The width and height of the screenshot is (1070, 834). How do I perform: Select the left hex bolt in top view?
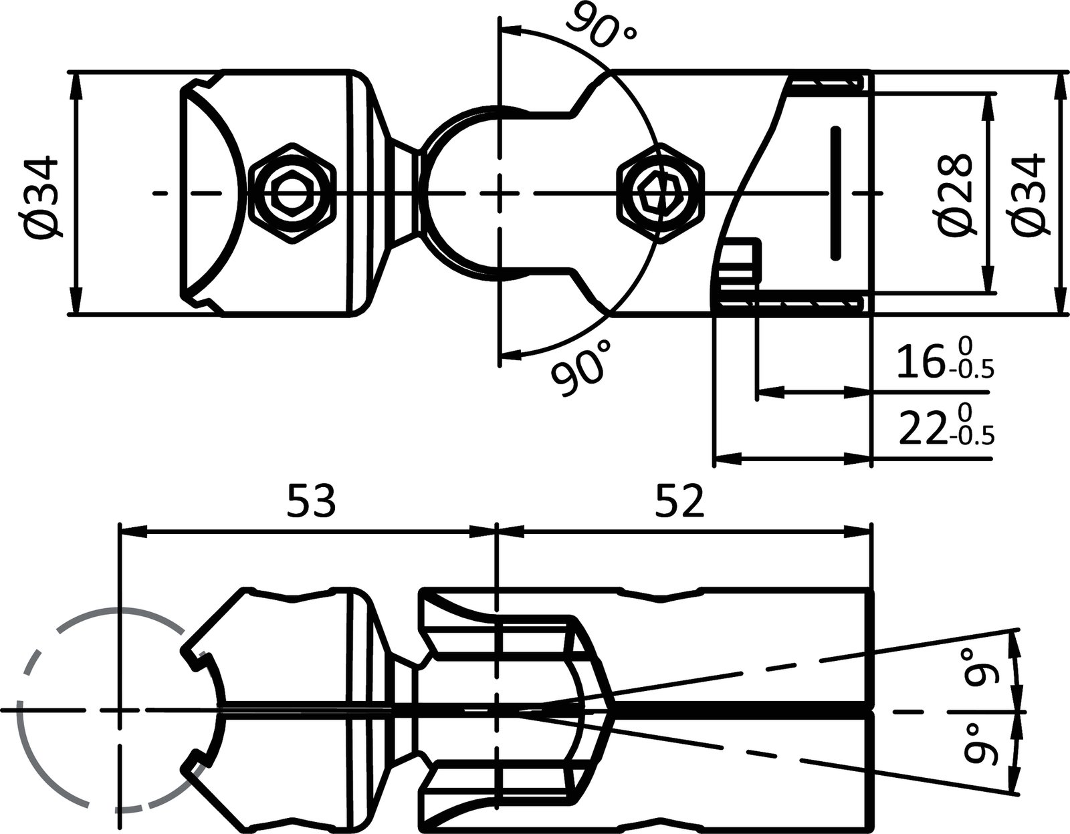292,194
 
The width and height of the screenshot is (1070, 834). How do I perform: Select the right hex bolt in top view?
660,194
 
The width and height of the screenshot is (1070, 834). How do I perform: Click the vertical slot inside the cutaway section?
835,192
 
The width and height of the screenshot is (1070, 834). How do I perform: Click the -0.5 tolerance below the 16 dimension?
971,370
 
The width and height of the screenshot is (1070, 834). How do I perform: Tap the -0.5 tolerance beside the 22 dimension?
971,437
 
